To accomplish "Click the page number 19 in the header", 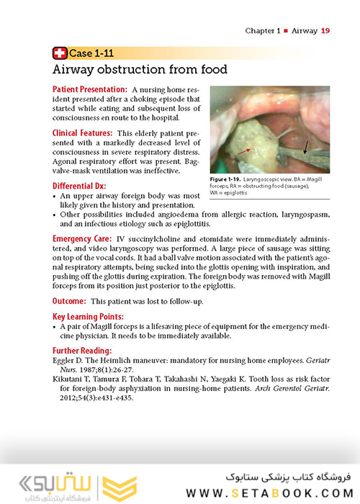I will tap(325, 31).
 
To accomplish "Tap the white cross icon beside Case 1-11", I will tap(60, 53).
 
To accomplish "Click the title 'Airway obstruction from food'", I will tap(140, 70).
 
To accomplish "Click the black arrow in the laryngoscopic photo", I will tap(307, 148).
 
